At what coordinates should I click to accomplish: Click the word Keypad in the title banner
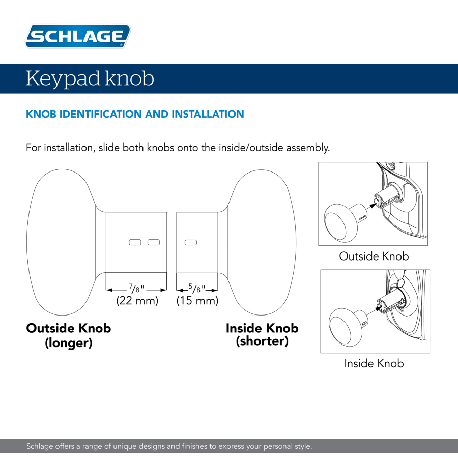click(63, 79)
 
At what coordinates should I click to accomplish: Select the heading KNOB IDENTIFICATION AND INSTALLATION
click(135, 114)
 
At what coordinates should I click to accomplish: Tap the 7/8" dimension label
click(136, 289)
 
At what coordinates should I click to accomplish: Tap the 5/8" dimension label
click(197, 289)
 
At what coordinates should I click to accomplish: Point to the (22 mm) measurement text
click(137, 300)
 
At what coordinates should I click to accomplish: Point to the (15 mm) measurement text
click(197, 300)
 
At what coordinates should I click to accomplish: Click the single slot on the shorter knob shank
click(191, 242)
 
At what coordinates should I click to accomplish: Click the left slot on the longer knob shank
click(135, 242)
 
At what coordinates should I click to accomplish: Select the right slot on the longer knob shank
click(154, 242)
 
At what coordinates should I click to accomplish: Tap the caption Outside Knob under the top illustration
click(374, 256)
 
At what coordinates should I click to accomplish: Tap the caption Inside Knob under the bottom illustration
click(374, 363)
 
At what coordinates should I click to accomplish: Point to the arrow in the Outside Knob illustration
click(370, 205)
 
